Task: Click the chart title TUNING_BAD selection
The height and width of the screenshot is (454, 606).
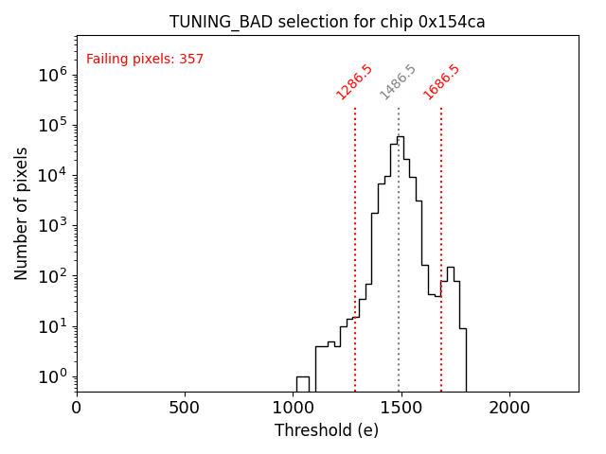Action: coord(327,22)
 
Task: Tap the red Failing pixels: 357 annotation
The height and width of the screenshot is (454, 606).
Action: coord(145,60)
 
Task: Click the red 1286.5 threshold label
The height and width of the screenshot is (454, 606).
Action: coord(355,82)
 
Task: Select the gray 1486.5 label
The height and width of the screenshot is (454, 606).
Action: coord(398,82)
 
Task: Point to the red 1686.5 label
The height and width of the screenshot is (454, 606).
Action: coord(441,82)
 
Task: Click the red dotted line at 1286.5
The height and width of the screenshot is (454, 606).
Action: coord(355,236)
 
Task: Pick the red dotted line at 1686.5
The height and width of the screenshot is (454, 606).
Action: coord(441,236)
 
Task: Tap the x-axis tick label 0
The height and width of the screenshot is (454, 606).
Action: coord(77,407)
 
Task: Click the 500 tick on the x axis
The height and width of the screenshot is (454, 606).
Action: coord(185,407)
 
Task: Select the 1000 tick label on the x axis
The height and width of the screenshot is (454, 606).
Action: coord(293,407)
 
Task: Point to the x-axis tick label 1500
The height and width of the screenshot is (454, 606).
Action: coord(401,407)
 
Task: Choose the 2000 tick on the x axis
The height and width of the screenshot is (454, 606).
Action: coord(509,407)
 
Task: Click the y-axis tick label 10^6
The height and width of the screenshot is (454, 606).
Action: coord(52,75)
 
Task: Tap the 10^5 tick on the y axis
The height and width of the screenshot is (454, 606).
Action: coord(52,125)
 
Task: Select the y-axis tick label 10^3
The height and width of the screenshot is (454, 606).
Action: coord(52,226)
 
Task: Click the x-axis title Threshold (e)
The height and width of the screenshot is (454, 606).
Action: coord(327,430)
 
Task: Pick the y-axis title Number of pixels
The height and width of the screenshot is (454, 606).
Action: coord(22,213)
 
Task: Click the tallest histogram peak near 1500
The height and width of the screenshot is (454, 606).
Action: coord(401,138)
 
